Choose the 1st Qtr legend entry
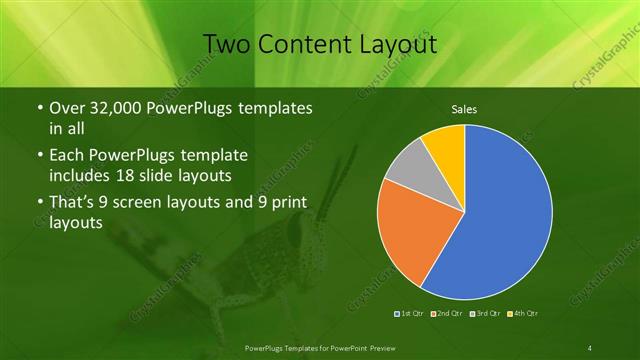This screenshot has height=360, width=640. click(409, 314)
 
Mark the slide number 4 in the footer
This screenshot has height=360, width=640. click(590, 347)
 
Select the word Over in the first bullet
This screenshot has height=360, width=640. click(65, 108)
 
